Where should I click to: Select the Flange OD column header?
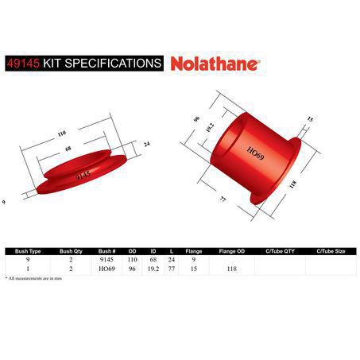[231, 251]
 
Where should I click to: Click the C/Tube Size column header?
[330, 251]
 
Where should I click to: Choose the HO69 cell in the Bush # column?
[107, 269]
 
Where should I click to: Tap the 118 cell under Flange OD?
[231, 269]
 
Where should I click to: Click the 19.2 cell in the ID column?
[153, 269]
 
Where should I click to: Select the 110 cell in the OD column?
[133, 260]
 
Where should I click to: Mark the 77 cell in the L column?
[172, 269]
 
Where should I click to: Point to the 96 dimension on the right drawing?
[194, 121]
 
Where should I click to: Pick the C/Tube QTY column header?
[279, 251]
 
